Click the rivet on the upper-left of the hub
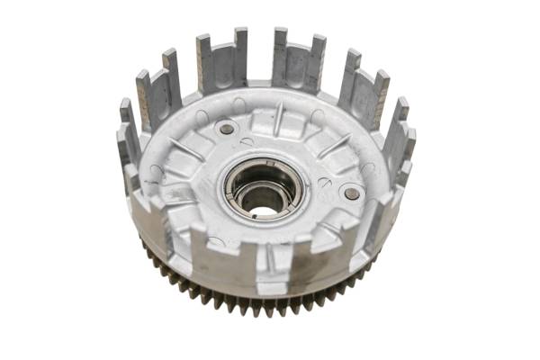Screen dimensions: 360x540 click(227, 129)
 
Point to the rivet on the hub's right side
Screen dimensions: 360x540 click(352, 193)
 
